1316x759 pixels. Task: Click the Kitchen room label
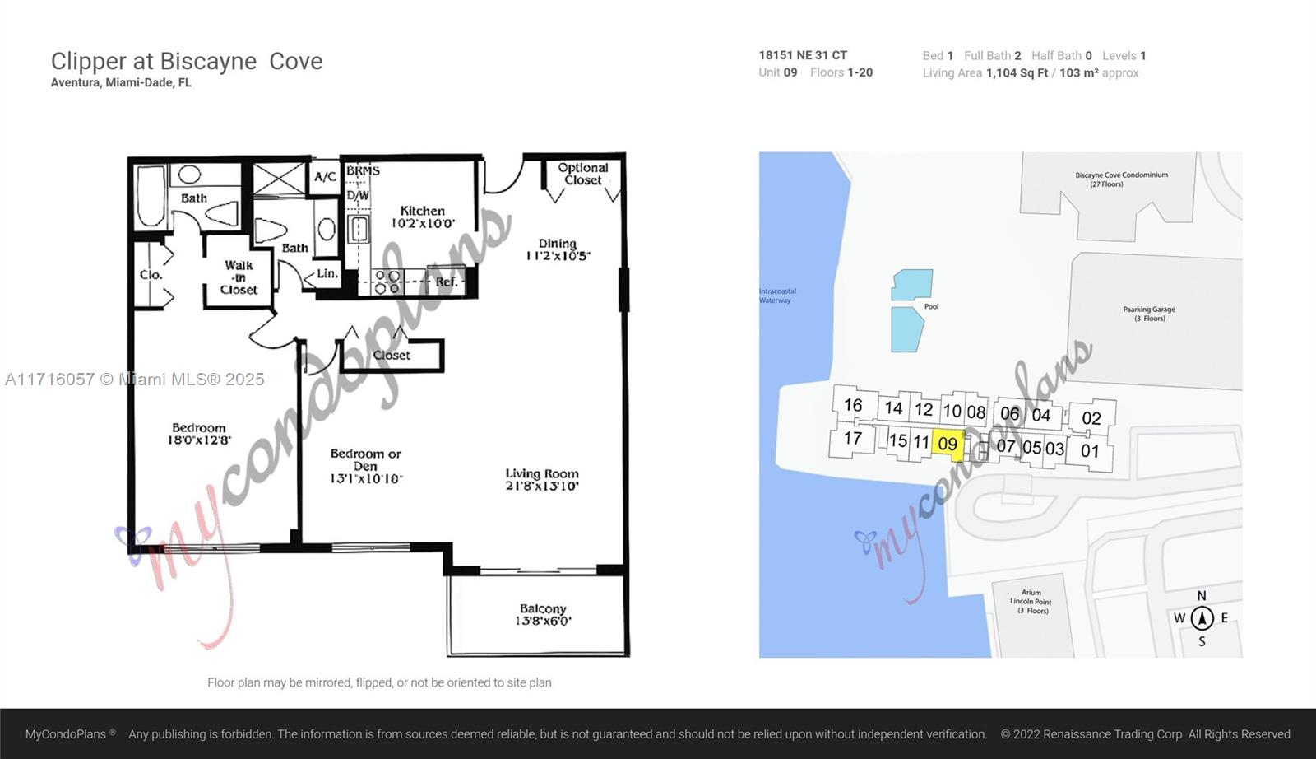coord(423,211)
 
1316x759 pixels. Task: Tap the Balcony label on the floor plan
coord(543,608)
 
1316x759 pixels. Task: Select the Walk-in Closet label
coord(239,277)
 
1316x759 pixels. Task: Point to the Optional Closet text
coord(583,174)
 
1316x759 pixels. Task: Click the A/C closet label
coord(326,176)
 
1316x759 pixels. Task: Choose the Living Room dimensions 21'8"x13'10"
coord(542,486)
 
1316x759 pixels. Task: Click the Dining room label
coord(558,243)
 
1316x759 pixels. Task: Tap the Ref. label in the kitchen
coord(447,282)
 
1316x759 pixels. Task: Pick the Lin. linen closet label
coord(327,273)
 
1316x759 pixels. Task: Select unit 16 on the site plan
coord(853,405)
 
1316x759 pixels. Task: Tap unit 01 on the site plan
coord(1091,451)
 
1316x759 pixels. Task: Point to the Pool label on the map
coord(931,306)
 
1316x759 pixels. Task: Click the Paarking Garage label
coord(1149,314)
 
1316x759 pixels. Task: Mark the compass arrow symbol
coord(1202,618)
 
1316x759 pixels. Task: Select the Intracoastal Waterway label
coord(777,296)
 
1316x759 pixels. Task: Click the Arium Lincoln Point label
coord(1031,602)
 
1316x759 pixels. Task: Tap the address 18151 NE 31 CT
coord(803,55)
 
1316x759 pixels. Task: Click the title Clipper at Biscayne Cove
coord(187,61)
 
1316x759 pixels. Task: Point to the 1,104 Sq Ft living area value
coord(1017,73)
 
